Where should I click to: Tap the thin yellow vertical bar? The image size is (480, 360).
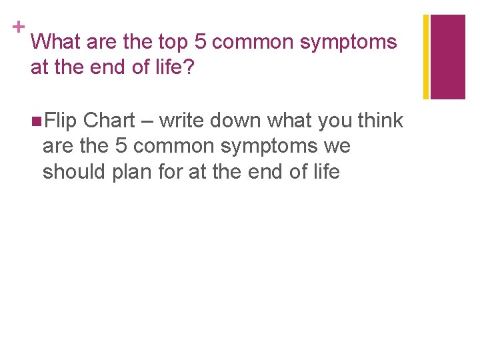426,57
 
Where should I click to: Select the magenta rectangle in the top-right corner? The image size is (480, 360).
447,57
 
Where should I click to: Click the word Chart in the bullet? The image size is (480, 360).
109,121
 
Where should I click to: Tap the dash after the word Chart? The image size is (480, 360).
147,121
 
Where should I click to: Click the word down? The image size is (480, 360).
237,121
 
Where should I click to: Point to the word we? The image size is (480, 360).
337,147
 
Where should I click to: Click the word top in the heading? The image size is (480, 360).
173,43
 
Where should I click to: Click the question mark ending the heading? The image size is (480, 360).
188,67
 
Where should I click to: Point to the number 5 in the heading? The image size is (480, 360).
200,42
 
